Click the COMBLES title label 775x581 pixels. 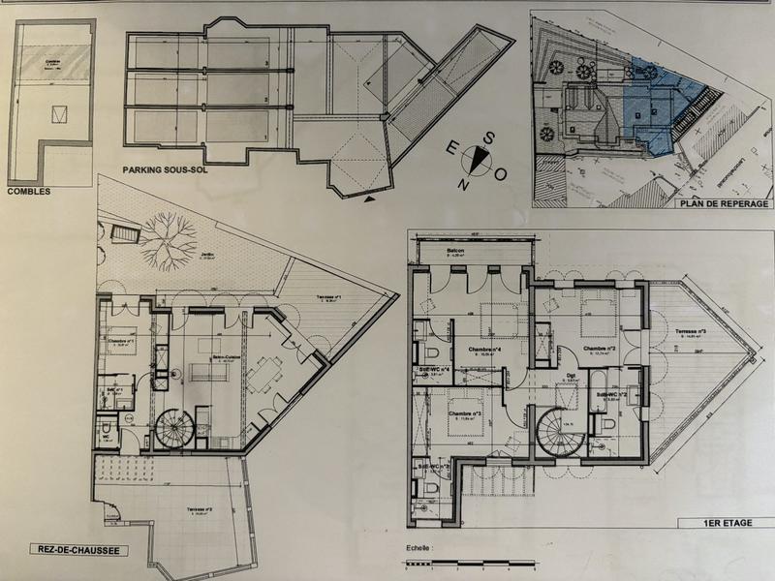[x=28, y=191]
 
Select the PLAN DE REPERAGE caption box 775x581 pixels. [x=725, y=203]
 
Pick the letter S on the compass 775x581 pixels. [x=488, y=138]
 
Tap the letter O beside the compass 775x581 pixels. [x=501, y=175]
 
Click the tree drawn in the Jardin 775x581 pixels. [x=169, y=233]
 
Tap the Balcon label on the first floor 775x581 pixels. [x=456, y=251]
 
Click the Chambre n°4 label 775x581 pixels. [x=482, y=350]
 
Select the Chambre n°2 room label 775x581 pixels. [x=600, y=348]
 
